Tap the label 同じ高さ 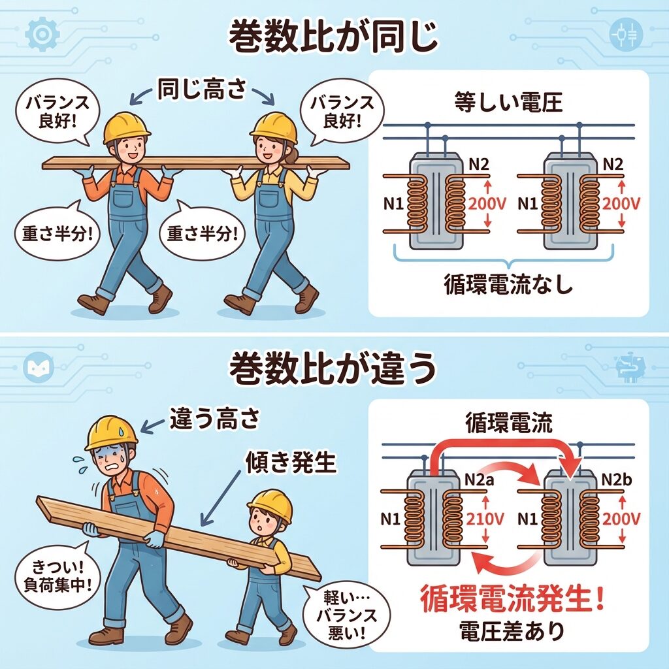203,89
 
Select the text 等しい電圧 508,103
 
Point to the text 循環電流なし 508,284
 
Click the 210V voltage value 485,519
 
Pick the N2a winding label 479,480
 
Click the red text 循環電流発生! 512,598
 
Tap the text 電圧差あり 512,631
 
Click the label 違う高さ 214,419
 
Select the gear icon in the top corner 42,34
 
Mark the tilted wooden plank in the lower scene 178,538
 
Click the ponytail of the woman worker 291,154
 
